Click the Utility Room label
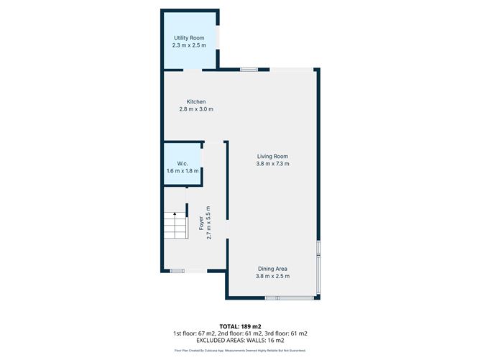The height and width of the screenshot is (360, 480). (x=190, y=37)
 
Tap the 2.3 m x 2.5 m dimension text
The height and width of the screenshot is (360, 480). (x=190, y=45)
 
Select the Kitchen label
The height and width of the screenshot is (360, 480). (x=196, y=101)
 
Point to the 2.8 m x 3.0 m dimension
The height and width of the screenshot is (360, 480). (x=196, y=109)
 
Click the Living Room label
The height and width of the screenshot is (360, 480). (x=273, y=156)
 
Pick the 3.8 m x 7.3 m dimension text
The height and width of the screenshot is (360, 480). (x=273, y=164)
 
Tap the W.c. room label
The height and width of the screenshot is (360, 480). (x=182, y=163)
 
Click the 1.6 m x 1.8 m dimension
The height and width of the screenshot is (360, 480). (x=182, y=171)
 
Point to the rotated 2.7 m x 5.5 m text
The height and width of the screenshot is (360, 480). (x=208, y=223)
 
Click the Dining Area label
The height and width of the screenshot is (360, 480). (x=273, y=269)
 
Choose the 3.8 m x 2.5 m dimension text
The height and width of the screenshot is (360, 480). (x=273, y=277)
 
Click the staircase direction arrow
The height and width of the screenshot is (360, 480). (x=175, y=216)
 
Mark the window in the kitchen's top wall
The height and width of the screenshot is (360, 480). (x=249, y=69)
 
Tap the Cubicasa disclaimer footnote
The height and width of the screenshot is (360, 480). (x=240, y=351)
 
